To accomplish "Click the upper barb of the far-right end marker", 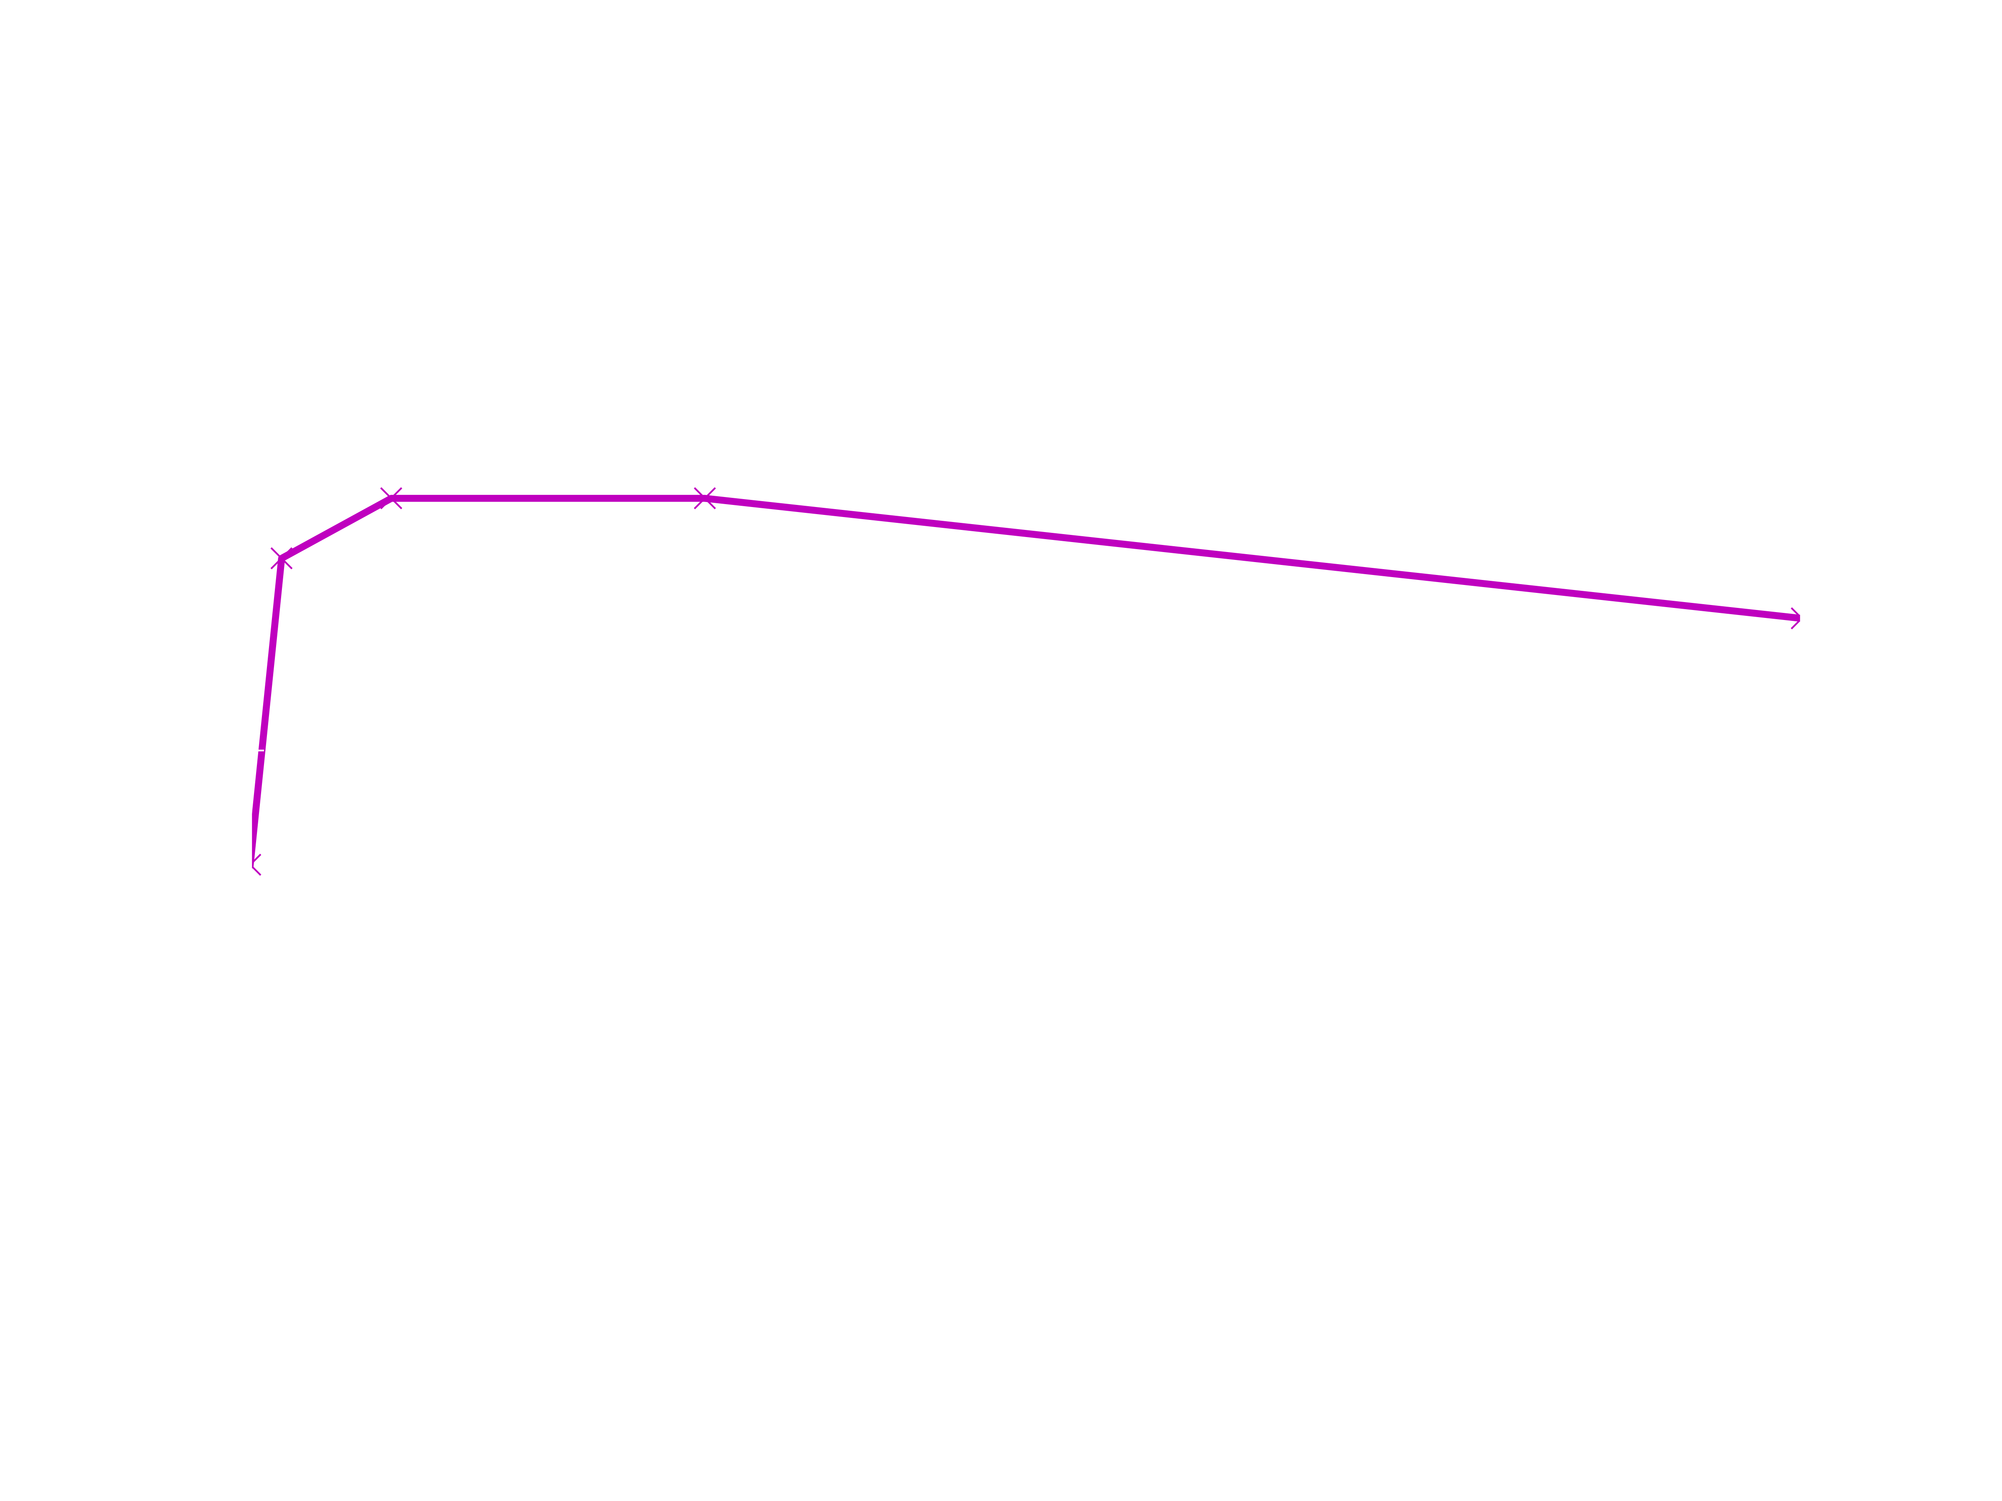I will (1795, 612).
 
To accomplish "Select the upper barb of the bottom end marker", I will (257, 858).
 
